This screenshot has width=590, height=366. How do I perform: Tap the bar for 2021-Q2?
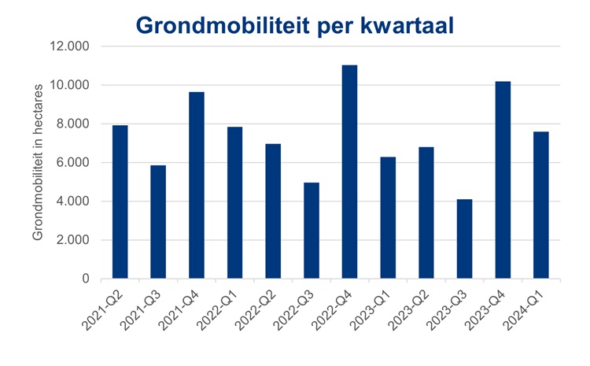click(x=120, y=201)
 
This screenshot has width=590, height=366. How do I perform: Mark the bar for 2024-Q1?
click(x=540, y=205)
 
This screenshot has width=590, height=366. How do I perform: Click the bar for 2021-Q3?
click(x=158, y=222)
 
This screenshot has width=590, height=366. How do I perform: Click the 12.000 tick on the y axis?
click(x=69, y=46)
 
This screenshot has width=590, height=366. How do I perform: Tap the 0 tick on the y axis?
click(x=84, y=279)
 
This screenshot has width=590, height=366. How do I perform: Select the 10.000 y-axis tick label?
click(x=69, y=85)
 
